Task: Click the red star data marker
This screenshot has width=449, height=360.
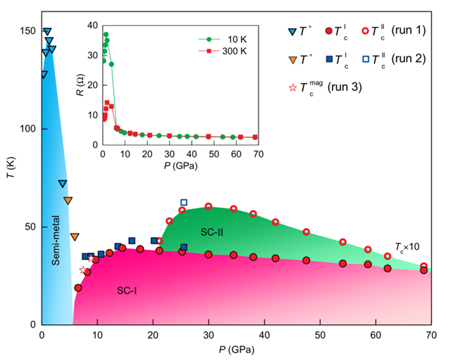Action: [83, 270]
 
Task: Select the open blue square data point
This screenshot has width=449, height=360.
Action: [184, 203]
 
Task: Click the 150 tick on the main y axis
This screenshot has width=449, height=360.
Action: [27, 31]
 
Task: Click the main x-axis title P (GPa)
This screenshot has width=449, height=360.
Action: [236, 350]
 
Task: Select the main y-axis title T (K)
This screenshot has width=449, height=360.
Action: [10, 177]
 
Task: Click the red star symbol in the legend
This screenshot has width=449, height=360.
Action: [291, 88]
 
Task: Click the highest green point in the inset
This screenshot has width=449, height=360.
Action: [106, 34]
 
